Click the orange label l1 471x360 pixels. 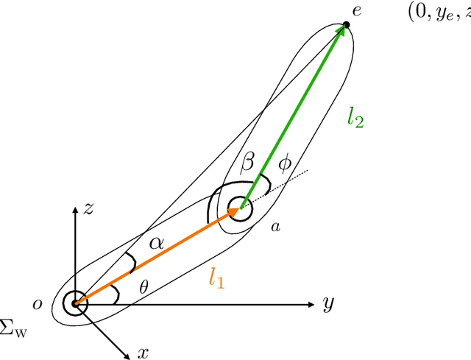[216, 278]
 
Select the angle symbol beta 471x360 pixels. [248, 160]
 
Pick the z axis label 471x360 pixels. [88, 209]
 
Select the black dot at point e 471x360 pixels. [347, 25]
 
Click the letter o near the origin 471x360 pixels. [37, 303]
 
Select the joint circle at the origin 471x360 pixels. [75, 303]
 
